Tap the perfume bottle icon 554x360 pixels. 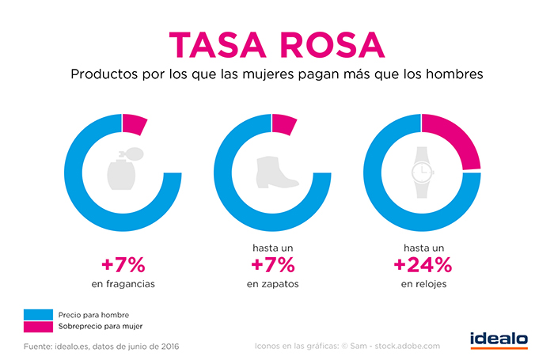tap(123, 171)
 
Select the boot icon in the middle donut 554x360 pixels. tap(273, 171)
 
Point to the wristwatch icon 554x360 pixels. tap(422, 171)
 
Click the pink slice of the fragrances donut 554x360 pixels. tap(135, 124)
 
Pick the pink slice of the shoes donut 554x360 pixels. tap(284, 124)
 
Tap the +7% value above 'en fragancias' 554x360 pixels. tap(123, 263)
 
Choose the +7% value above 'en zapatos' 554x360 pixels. tap(273, 263)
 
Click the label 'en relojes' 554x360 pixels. tap(423, 284)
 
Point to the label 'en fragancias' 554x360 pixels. tap(123, 284)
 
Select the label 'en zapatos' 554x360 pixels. tap(273, 284)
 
